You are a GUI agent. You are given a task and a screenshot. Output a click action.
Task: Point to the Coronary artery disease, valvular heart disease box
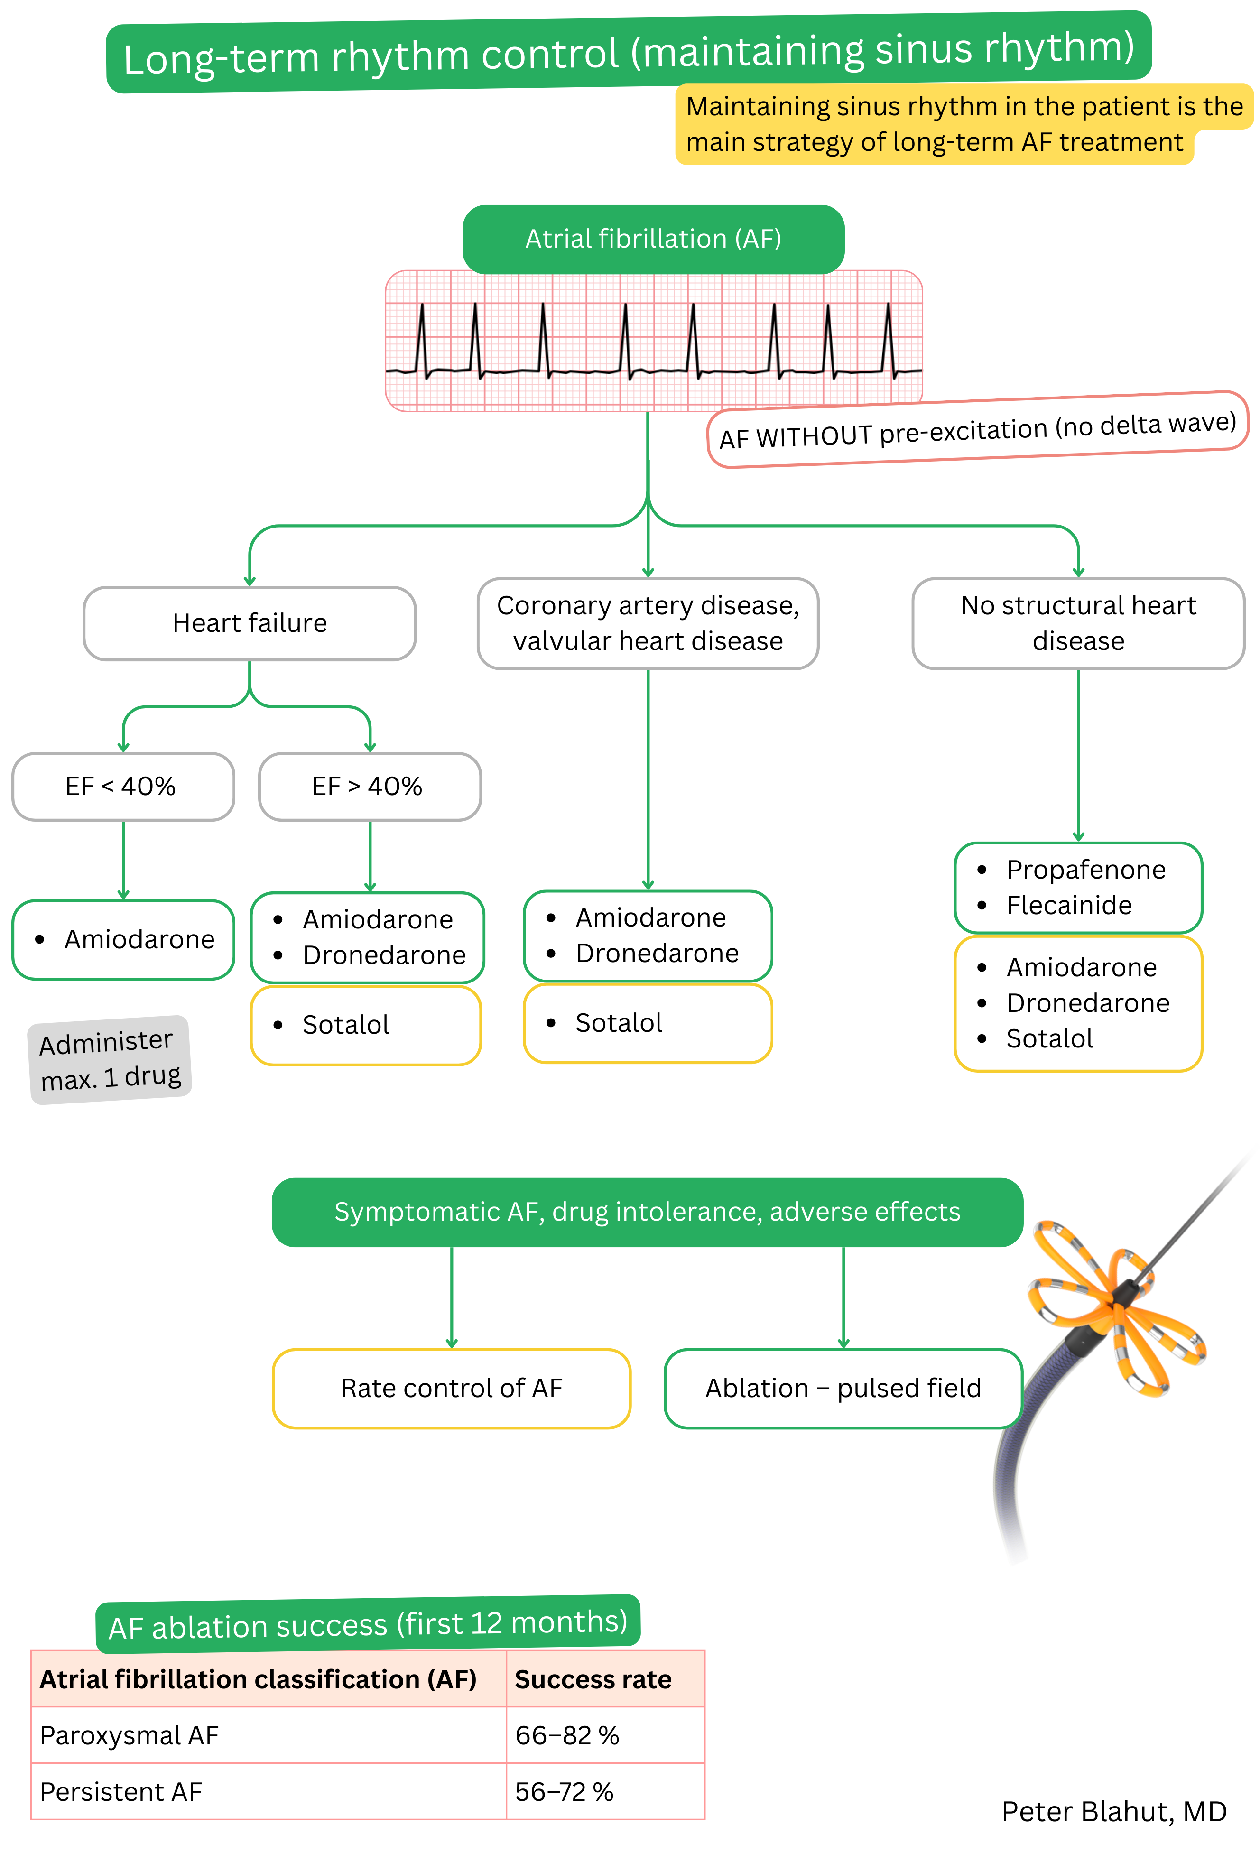pos(648,623)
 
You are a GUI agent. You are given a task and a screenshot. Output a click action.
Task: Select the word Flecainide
pos(1069,906)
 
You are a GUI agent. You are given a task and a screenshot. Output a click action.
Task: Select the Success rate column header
pos(593,1680)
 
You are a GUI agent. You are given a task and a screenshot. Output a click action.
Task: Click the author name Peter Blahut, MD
pos(1113,1812)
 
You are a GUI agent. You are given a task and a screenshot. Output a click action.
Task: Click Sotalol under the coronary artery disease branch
pos(619,1023)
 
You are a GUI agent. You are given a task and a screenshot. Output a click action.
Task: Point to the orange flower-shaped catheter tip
pos(1116,1307)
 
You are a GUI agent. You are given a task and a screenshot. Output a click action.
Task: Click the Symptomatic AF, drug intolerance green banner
pos(647,1212)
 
